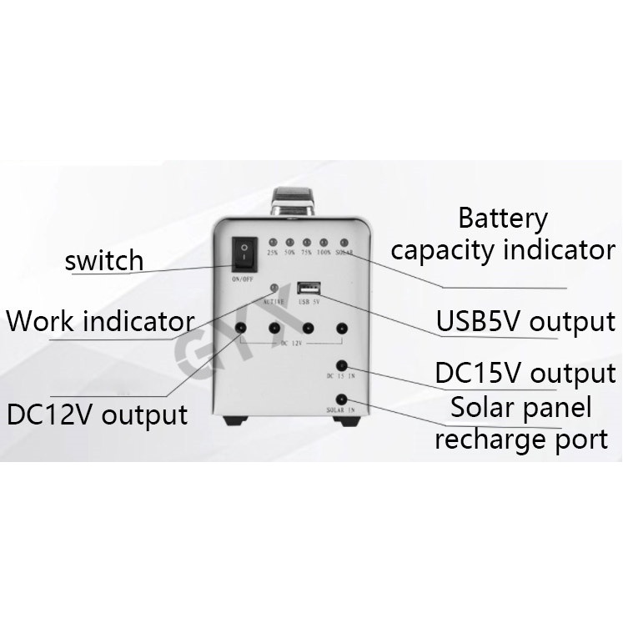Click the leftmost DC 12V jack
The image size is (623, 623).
pos(241,329)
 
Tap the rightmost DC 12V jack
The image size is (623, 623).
pos(340,329)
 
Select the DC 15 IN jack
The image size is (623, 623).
pos(340,366)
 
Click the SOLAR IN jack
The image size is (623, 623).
pos(340,398)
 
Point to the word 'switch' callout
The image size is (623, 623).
pos(104,260)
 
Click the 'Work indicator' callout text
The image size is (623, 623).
pos(100,320)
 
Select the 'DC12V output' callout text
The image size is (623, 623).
pos(97,413)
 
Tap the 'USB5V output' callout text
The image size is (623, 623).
pos(525,321)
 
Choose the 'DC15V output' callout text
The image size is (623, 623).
pos(525,373)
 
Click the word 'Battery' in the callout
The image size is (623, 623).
pos(503,219)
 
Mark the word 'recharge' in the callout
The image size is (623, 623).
pos(488,439)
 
